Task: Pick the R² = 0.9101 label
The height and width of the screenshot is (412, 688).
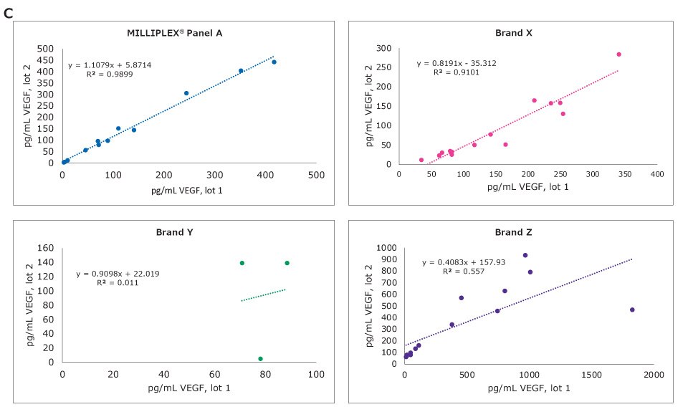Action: tap(456, 72)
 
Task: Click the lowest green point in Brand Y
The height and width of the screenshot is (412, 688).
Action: tap(260, 359)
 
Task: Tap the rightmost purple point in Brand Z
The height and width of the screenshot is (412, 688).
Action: tap(632, 310)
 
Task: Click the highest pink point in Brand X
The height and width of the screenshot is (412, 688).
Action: tap(618, 54)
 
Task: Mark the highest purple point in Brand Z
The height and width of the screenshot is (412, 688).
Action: tap(525, 255)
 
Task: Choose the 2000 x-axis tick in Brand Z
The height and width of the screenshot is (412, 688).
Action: tap(653, 374)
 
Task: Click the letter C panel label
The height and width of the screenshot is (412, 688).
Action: tap(9, 11)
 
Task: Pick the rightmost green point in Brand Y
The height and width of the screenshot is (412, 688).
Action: tap(287, 263)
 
